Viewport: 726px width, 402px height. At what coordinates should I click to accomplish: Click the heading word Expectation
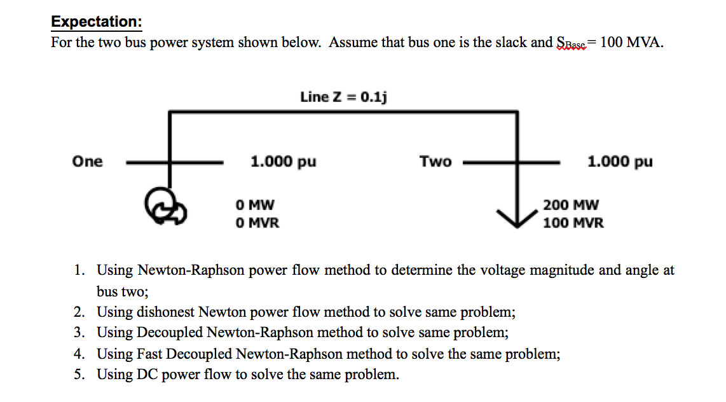point(95,22)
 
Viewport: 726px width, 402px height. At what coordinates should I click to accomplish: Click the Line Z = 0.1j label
point(344,97)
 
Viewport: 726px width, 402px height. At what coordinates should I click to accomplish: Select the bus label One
point(87,162)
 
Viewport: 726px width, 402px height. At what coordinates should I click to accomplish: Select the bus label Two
point(435,162)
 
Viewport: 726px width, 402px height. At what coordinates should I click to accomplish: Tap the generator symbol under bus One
point(166,207)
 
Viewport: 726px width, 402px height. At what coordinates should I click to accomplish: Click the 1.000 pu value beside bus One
point(283,162)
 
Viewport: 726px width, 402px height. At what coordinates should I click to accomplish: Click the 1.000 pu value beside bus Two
point(620,162)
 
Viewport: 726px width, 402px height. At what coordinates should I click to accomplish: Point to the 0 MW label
point(254,205)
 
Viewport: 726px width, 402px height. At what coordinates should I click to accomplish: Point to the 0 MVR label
point(257,223)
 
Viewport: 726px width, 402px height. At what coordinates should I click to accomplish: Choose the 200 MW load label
point(570,205)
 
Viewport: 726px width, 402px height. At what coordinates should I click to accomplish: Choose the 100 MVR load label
point(573,223)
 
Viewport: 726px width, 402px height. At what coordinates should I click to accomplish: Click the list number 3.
point(78,333)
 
